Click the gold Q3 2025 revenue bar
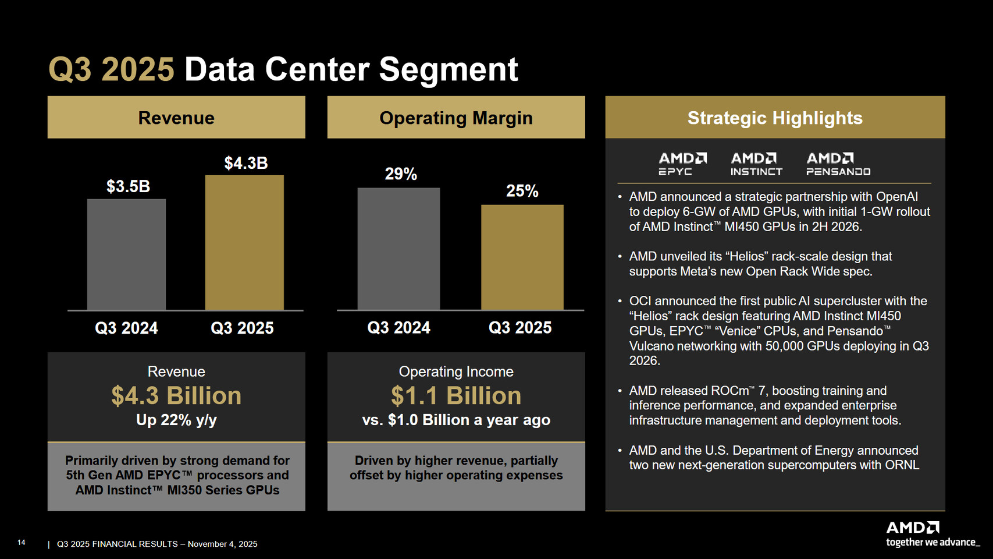point(244,242)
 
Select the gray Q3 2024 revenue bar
point(126,254)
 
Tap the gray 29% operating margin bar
point(398,249)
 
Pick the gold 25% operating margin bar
point(522,257)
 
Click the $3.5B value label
point(128,186)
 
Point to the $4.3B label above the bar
point(246,163)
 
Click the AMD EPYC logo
point(682,164)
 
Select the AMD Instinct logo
point(756,164)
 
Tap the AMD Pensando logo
point(838,164)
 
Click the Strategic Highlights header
point(775,118)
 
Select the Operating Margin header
point(455,118)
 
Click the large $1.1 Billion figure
point(455,396)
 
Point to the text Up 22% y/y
point(176,420)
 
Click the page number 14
point(22,543)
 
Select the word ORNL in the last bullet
point(902,465)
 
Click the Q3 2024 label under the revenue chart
point(126,328)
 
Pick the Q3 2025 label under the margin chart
point(520,328)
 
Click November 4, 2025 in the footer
point(222,544)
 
